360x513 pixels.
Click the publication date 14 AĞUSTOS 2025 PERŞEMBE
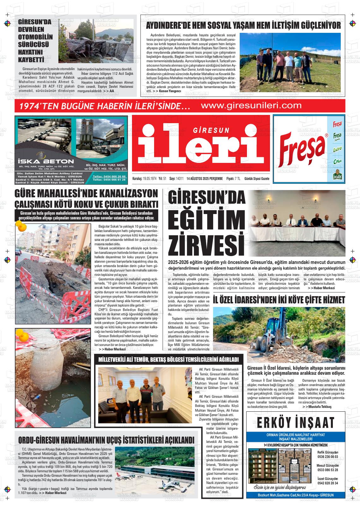click(x=205, y=179)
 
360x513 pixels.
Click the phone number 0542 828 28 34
click(x=327, y=483)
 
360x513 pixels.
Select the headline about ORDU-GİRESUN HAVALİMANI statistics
click(x=106, y=440)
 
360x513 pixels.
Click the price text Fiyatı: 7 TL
click(x=233, y=179)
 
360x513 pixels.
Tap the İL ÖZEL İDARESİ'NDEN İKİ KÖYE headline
click(x=279, y=300)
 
